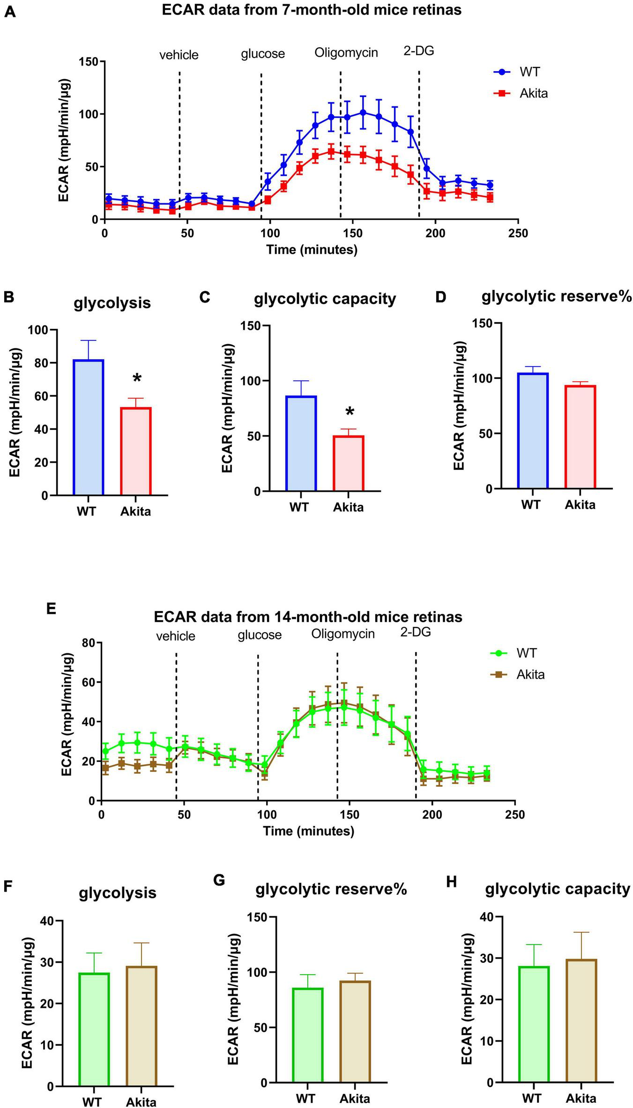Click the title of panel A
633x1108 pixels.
[x=312, y=10]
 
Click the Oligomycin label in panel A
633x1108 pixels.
[x=346, y=52]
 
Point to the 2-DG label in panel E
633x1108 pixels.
[x=415, y=632]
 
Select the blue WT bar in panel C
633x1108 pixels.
[x=301, y=443]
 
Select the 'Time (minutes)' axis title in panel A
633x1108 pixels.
[x=312, y=250]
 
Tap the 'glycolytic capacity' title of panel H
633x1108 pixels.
[x=558, y=888]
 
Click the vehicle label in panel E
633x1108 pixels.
[x=175, y=636]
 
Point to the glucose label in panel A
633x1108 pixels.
[x=263, y=54]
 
